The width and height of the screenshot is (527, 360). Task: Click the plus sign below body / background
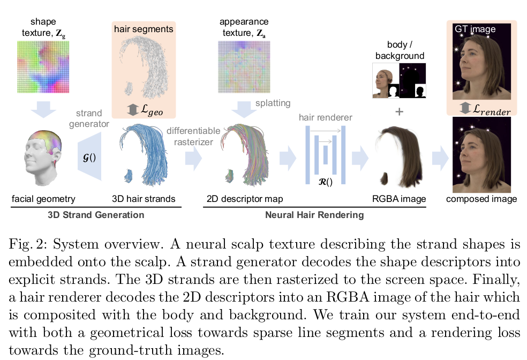[399, 112]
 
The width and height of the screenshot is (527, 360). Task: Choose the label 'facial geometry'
[43, 199]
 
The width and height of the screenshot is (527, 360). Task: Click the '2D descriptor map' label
[245, 199]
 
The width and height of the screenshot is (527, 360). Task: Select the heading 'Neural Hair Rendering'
[314, 215]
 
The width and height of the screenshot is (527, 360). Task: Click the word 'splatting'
[273, 103]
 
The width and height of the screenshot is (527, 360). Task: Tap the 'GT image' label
[475, 29]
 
